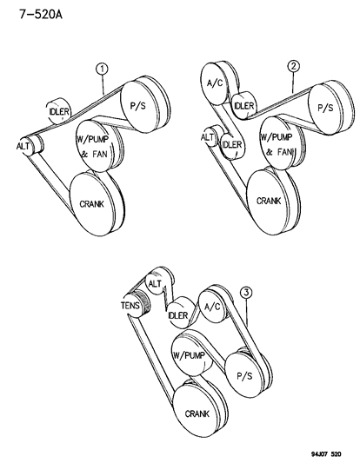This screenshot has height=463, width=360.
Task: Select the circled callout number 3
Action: [248, 294]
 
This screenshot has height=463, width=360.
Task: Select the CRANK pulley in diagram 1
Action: [93, 205]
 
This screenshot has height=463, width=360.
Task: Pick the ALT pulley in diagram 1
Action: [24, 147]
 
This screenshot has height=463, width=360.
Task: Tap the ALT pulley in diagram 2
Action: [208, 137]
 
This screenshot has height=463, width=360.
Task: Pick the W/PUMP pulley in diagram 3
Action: [190, 356]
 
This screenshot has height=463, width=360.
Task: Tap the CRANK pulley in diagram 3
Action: [197, 412]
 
